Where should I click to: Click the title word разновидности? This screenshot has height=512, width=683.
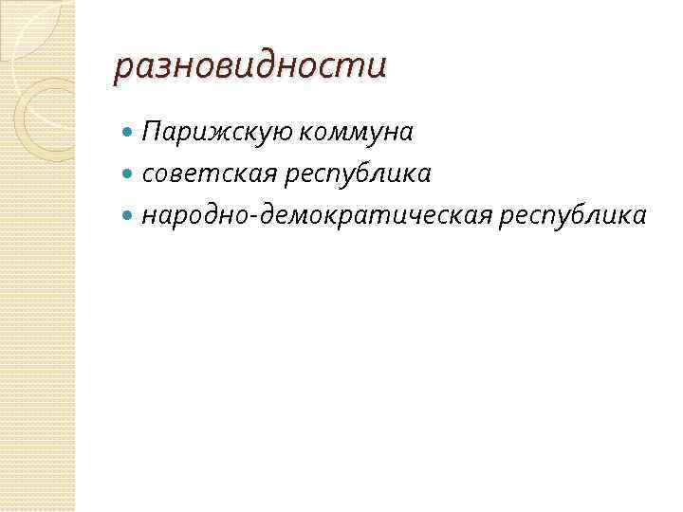coord(250,67)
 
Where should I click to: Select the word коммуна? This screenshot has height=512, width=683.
coord(356,134)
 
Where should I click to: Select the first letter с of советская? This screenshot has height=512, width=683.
coord(147,175)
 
